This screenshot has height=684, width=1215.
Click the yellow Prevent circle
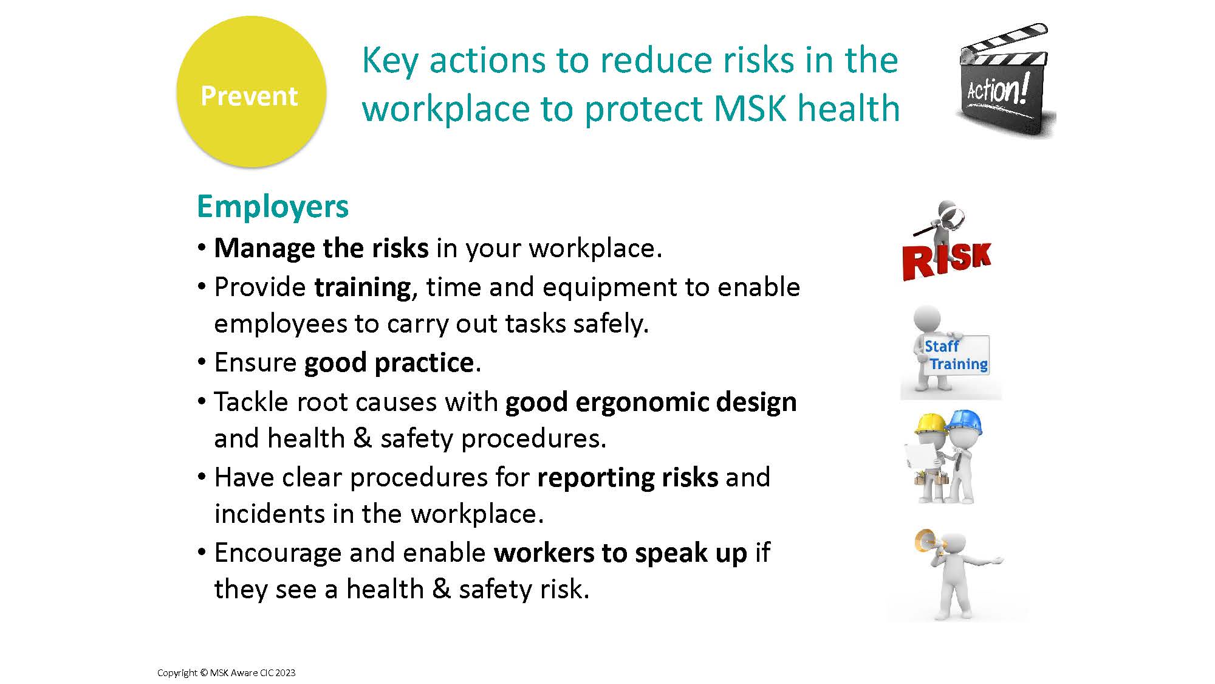[x=251, y=92]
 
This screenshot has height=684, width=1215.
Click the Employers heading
[x=273, y=207]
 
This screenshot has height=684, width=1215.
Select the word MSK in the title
[x=750, y=108]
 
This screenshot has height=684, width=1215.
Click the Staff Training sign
[x=956, y=355]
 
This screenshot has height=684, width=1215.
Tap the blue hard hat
[x=965, y=421]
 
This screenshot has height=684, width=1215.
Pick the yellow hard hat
[x=931, y=423]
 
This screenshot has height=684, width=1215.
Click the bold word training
[x=363, y=288]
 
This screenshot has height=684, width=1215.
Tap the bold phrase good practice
[x=389, y=363]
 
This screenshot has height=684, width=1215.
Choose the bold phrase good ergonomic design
[x=651, y=402]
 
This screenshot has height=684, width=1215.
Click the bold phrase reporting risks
[x=628, y=478]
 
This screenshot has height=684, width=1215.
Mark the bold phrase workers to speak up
[x=620, y=553]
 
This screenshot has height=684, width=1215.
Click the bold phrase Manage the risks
[x=321, y=248]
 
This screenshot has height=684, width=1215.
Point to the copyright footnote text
[x=226, y=672]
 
